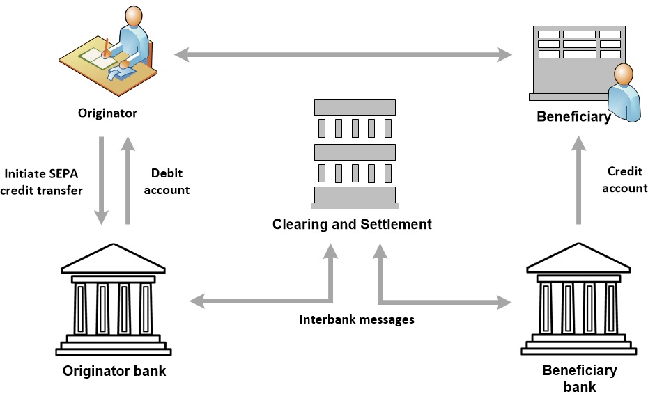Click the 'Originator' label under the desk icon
coord(107,113)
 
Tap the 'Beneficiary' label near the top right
coord(573,117)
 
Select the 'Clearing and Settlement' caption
coord(352,224)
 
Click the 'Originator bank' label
coord(114,371)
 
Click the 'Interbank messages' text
coord(357,319)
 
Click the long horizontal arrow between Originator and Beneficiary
coord(341,53)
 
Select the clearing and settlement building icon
coord(355,153)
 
